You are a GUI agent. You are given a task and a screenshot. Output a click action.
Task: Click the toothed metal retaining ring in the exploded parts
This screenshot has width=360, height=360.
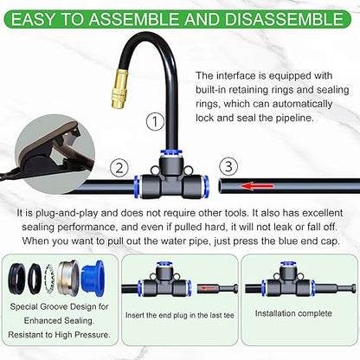(54, 280)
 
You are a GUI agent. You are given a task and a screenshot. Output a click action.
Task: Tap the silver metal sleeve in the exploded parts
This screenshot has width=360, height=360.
(72, 280)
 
